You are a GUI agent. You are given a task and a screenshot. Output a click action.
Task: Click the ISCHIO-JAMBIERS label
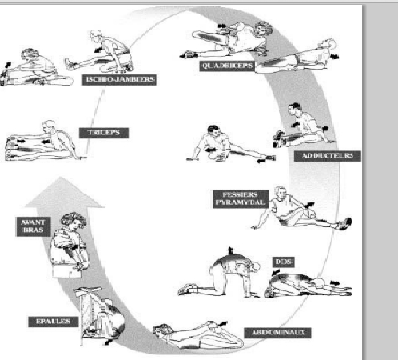point(119,80)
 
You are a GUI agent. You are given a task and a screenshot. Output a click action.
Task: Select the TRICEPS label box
point(104,133)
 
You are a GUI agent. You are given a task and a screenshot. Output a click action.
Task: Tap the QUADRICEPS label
point(227,66)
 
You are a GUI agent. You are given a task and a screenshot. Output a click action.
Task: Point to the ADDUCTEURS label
point(328,156)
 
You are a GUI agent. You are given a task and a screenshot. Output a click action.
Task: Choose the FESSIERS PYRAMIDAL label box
point(241,198)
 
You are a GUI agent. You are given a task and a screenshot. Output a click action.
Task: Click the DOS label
point(284,262)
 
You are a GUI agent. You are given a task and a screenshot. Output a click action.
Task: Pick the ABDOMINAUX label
point(278,333)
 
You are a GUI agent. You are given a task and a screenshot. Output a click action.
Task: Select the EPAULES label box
point(53,322)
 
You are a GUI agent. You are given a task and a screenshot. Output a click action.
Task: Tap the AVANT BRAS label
point(34,226)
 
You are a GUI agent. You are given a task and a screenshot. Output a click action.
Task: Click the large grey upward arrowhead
point(63,194)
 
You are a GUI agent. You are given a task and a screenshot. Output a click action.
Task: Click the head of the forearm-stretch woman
point(74,222)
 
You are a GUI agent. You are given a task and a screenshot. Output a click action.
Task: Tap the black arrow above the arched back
point(230,250)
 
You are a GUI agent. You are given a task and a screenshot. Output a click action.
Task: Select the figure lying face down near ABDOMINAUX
point(198,334)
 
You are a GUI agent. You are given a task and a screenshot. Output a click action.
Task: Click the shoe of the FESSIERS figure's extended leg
point(345,223)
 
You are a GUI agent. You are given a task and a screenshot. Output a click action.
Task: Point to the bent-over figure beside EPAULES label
point(100,316)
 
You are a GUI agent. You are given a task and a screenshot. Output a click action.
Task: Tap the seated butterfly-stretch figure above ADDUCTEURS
point(304,126)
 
